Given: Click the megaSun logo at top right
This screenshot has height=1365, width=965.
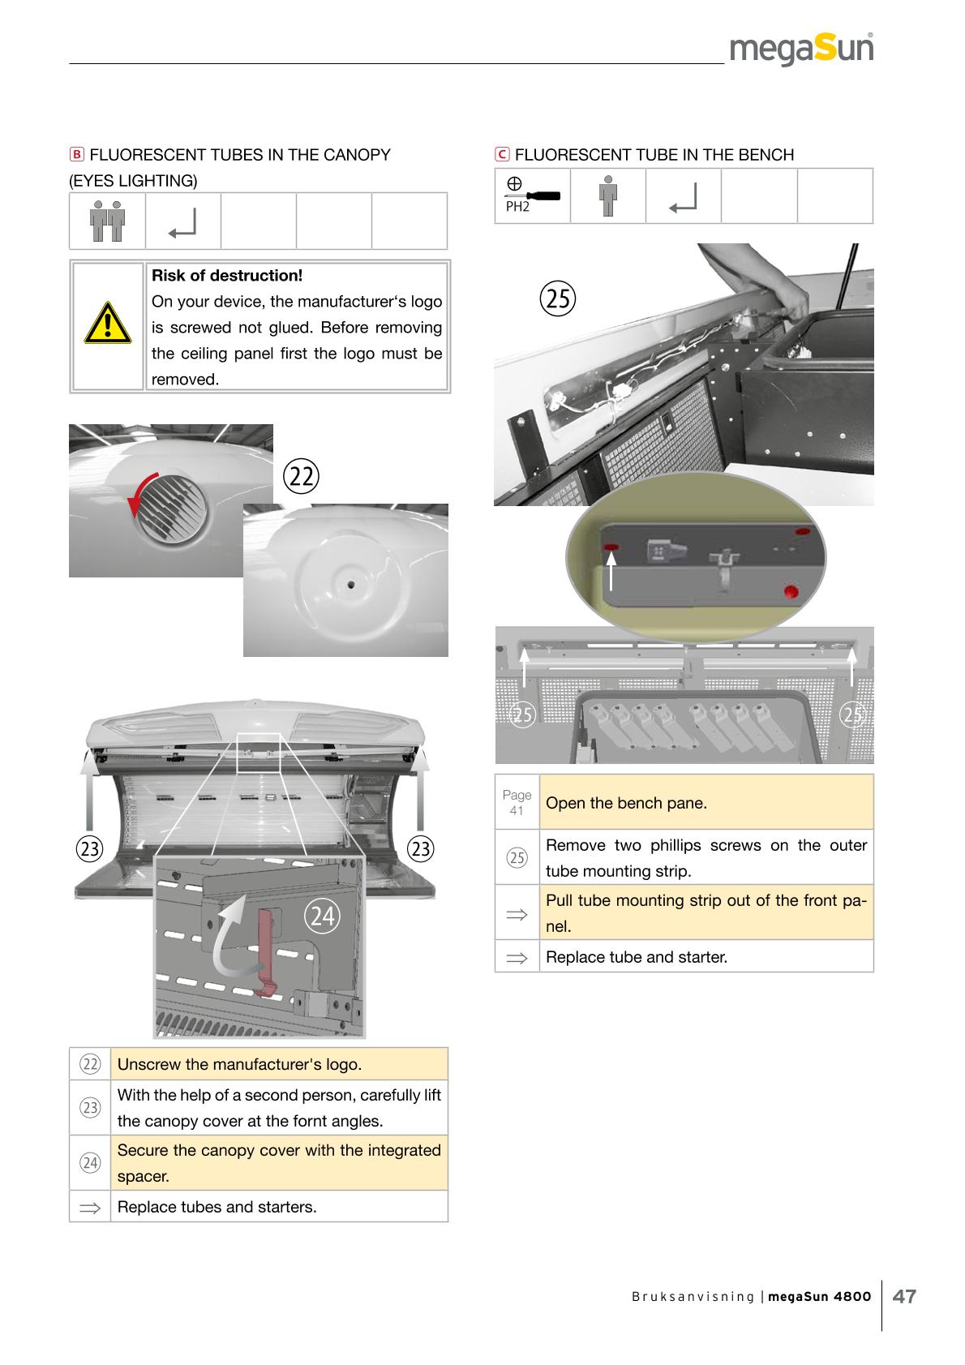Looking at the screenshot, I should (801, 49).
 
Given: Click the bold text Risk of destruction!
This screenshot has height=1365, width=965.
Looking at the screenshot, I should (227, 276).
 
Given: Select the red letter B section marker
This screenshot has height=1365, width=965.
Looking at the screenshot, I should (76, 155).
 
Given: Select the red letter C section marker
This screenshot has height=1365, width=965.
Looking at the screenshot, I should (502, 155).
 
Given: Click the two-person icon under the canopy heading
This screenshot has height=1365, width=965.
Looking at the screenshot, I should (107, 221).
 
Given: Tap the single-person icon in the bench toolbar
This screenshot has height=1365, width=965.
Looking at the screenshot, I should (607, 195).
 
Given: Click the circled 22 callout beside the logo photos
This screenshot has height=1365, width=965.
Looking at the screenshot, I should (302, 477).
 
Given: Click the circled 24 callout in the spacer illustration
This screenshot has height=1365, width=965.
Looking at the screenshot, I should (322, 916).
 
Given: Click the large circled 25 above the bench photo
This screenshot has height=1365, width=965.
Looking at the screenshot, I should (557, 298).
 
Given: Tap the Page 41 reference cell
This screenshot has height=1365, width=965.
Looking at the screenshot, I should (517, 802).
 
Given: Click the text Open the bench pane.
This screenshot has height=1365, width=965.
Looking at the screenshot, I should (626, 804).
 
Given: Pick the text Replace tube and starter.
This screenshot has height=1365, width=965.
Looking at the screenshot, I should (637, 957).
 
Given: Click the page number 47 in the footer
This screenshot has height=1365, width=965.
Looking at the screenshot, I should (904, 1296).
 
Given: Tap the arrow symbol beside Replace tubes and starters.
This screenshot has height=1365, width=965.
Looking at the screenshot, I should (89, 1207).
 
